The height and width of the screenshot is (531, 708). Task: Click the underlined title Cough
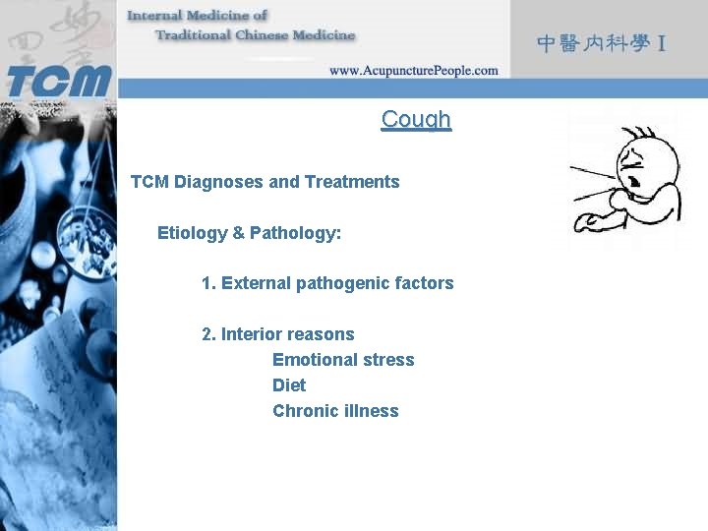(x=416, y=119)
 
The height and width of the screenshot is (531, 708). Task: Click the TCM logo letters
(x=58, y=78)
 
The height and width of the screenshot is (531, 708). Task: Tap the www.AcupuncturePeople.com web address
(x=413, y=71)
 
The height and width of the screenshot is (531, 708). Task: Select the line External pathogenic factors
(x=327, y=283)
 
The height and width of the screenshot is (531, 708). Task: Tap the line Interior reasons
(x=277, y=334)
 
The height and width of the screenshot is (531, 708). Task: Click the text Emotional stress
(x=343, y=360)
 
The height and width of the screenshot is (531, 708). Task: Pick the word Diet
(x=289, y=385)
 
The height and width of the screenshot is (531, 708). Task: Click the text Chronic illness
(x=335, y=411)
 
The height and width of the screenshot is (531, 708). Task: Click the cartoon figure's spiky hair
(x=644, y=134)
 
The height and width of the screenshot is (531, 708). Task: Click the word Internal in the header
(x=159, y=16)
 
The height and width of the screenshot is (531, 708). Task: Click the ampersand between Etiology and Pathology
(x=238, y=233)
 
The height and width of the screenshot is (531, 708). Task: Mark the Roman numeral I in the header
(x=663, y=44)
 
